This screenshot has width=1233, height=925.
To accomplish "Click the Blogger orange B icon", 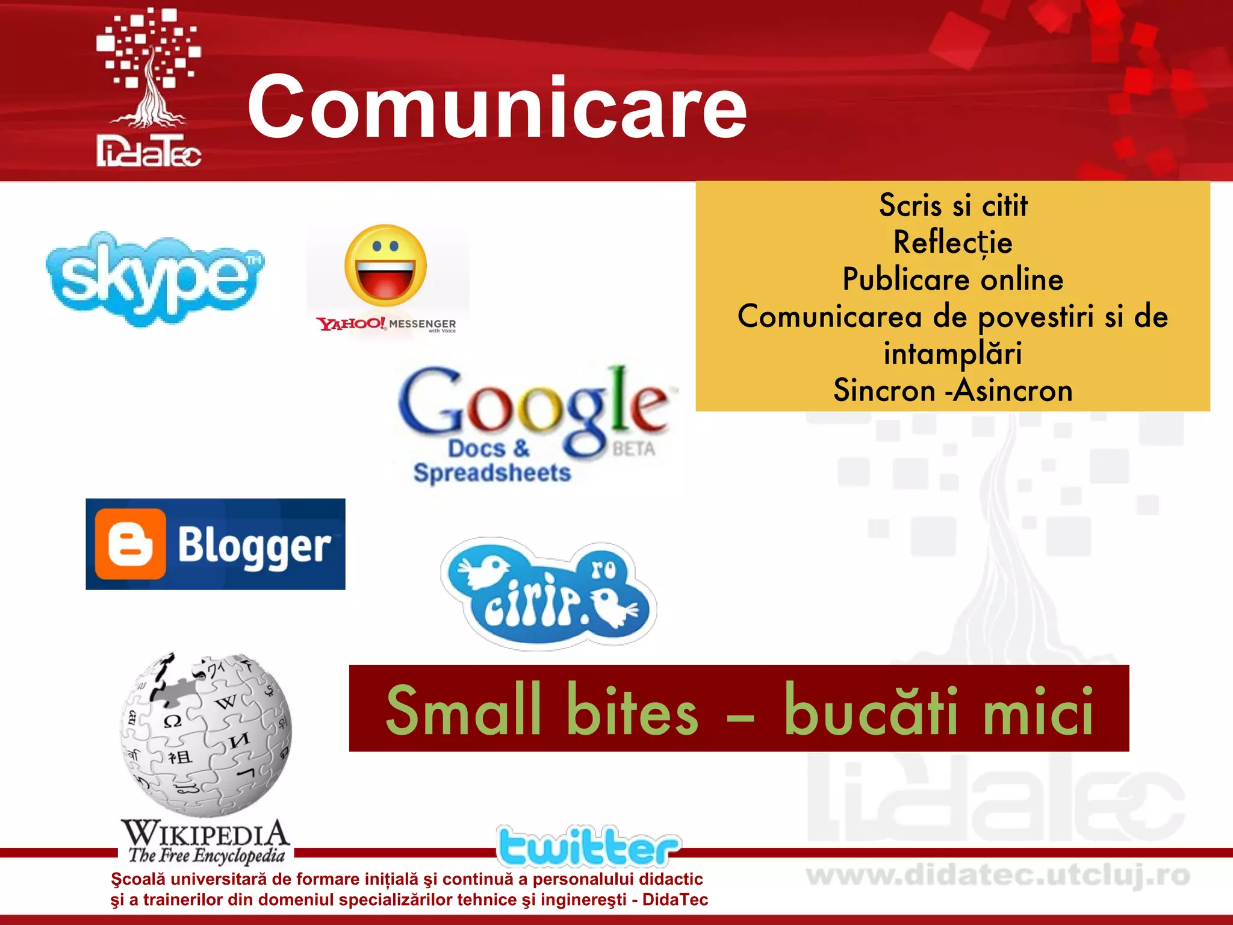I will pyautogui.click(x=130, y=544).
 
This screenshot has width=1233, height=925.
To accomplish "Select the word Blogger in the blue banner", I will pyautogui.click(x=254, y=546).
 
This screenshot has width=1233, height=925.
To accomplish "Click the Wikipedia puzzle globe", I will pyautogui.click(x=206, y=733).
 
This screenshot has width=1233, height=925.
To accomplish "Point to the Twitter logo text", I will pyautogui.click(x=588, y=846).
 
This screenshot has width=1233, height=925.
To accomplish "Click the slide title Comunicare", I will pyautogui.click(x=497, y=107).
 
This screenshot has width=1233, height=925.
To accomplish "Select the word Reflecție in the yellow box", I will pyautogui.click(x=952, y=243).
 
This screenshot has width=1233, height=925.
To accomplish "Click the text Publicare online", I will pyautogui.click(x=952, y=279).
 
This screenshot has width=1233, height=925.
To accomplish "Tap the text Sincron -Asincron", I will pyautogui.click(x=952, y=390).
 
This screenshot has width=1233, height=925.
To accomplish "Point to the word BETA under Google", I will pyautogui.click(x=633, y=449).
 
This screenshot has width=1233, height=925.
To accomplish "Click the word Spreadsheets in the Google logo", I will pyautogui.click(x=492, y=473).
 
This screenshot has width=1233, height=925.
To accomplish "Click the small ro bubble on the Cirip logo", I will pyautogui.click(x=603, y=569).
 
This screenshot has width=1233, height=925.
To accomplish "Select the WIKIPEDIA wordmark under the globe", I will pyautogui.click(x=205, y=833).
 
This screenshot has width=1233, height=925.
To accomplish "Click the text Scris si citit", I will pyautogui.click(x=952, y=205).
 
